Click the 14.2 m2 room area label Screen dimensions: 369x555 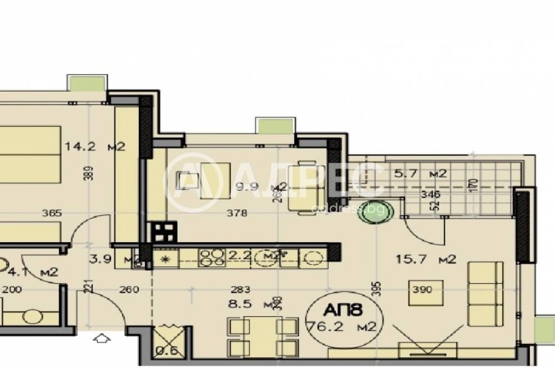pos(94,146)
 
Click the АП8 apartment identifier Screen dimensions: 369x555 pos(345,307)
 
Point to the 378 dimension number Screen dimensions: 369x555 pos(237,214)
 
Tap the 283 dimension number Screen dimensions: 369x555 pos(240,289)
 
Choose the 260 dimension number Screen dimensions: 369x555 pos(129,289)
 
